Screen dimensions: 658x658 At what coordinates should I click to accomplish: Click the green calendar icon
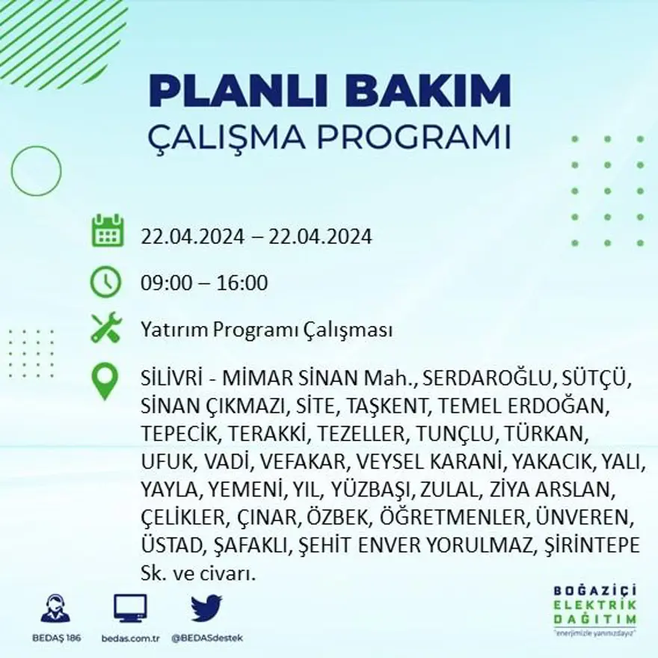(x=107, y=231)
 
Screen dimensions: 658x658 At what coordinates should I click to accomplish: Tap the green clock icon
(x=105, y=283)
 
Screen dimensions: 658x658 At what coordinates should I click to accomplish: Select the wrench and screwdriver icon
(x=105, y=329)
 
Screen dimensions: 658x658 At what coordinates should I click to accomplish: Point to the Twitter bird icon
(x=206, y=608)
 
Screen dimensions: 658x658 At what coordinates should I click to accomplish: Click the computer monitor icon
(x=130, y=609)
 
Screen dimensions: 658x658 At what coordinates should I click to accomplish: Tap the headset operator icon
(x=55, y=608)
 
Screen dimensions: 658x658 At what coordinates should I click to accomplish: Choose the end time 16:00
(x=242, y=283)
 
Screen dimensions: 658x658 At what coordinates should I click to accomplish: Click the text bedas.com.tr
(x=130, y=638)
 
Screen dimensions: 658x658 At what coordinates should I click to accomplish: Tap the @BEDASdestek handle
(x=207, y=638)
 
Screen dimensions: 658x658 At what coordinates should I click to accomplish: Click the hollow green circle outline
(x=36, y=170)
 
